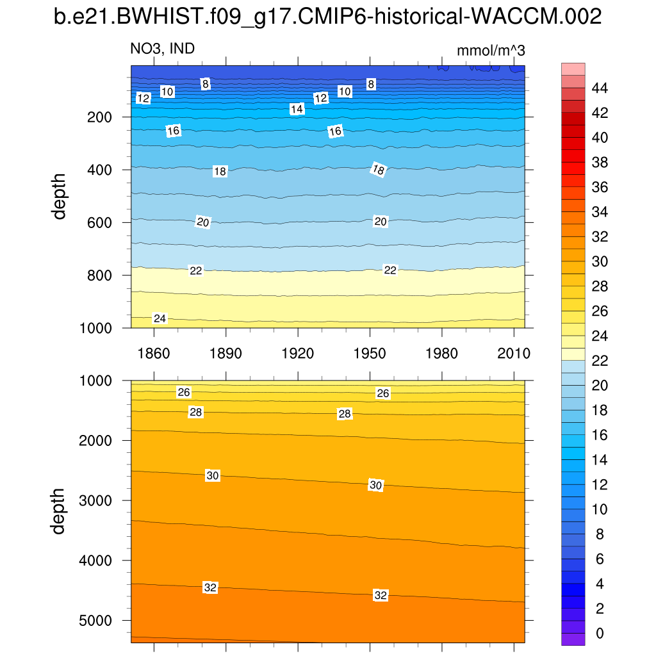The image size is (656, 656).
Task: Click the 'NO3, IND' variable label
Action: (163, 49)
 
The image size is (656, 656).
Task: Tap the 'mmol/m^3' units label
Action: (491, 50)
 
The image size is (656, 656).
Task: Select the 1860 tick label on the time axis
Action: (154, 353)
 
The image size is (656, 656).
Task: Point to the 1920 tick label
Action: (298, 353)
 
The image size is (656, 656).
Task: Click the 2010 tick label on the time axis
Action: (514, 353)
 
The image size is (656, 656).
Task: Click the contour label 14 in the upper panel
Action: (297, 109)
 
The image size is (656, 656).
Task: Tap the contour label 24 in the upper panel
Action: (160, 318)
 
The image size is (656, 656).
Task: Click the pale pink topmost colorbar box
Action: (573, 69)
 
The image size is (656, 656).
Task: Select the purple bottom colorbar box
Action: (573, 639)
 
